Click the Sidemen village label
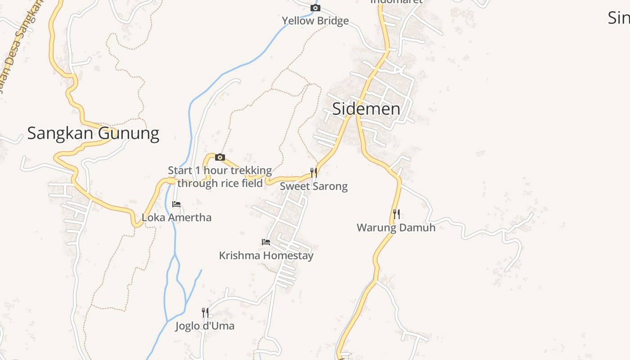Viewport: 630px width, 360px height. pos(366,109)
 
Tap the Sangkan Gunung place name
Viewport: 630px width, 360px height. pos(93,133)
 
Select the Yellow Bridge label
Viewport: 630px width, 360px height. pos(315,21)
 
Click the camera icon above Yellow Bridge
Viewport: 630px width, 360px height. pos(315,8)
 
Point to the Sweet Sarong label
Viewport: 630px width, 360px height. pos(314,186)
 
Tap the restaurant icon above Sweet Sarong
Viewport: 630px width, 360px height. pos(314,172)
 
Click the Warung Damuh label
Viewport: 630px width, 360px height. pos(396,228)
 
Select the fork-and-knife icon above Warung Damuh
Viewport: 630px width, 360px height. pos(396,214)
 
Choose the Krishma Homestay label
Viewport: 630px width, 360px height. pos(266,256)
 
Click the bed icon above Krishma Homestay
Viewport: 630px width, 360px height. pos(266,242)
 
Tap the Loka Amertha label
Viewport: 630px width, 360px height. pos(176,218)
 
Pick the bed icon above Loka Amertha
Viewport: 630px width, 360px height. pos(176,204)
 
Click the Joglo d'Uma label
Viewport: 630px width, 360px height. pos(205,326)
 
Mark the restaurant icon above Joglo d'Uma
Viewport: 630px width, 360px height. pos(205,312)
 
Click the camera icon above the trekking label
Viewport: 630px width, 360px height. pos(220,157)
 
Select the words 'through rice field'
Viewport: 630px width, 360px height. pos(220,183)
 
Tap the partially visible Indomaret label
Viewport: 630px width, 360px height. pos(396,2)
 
